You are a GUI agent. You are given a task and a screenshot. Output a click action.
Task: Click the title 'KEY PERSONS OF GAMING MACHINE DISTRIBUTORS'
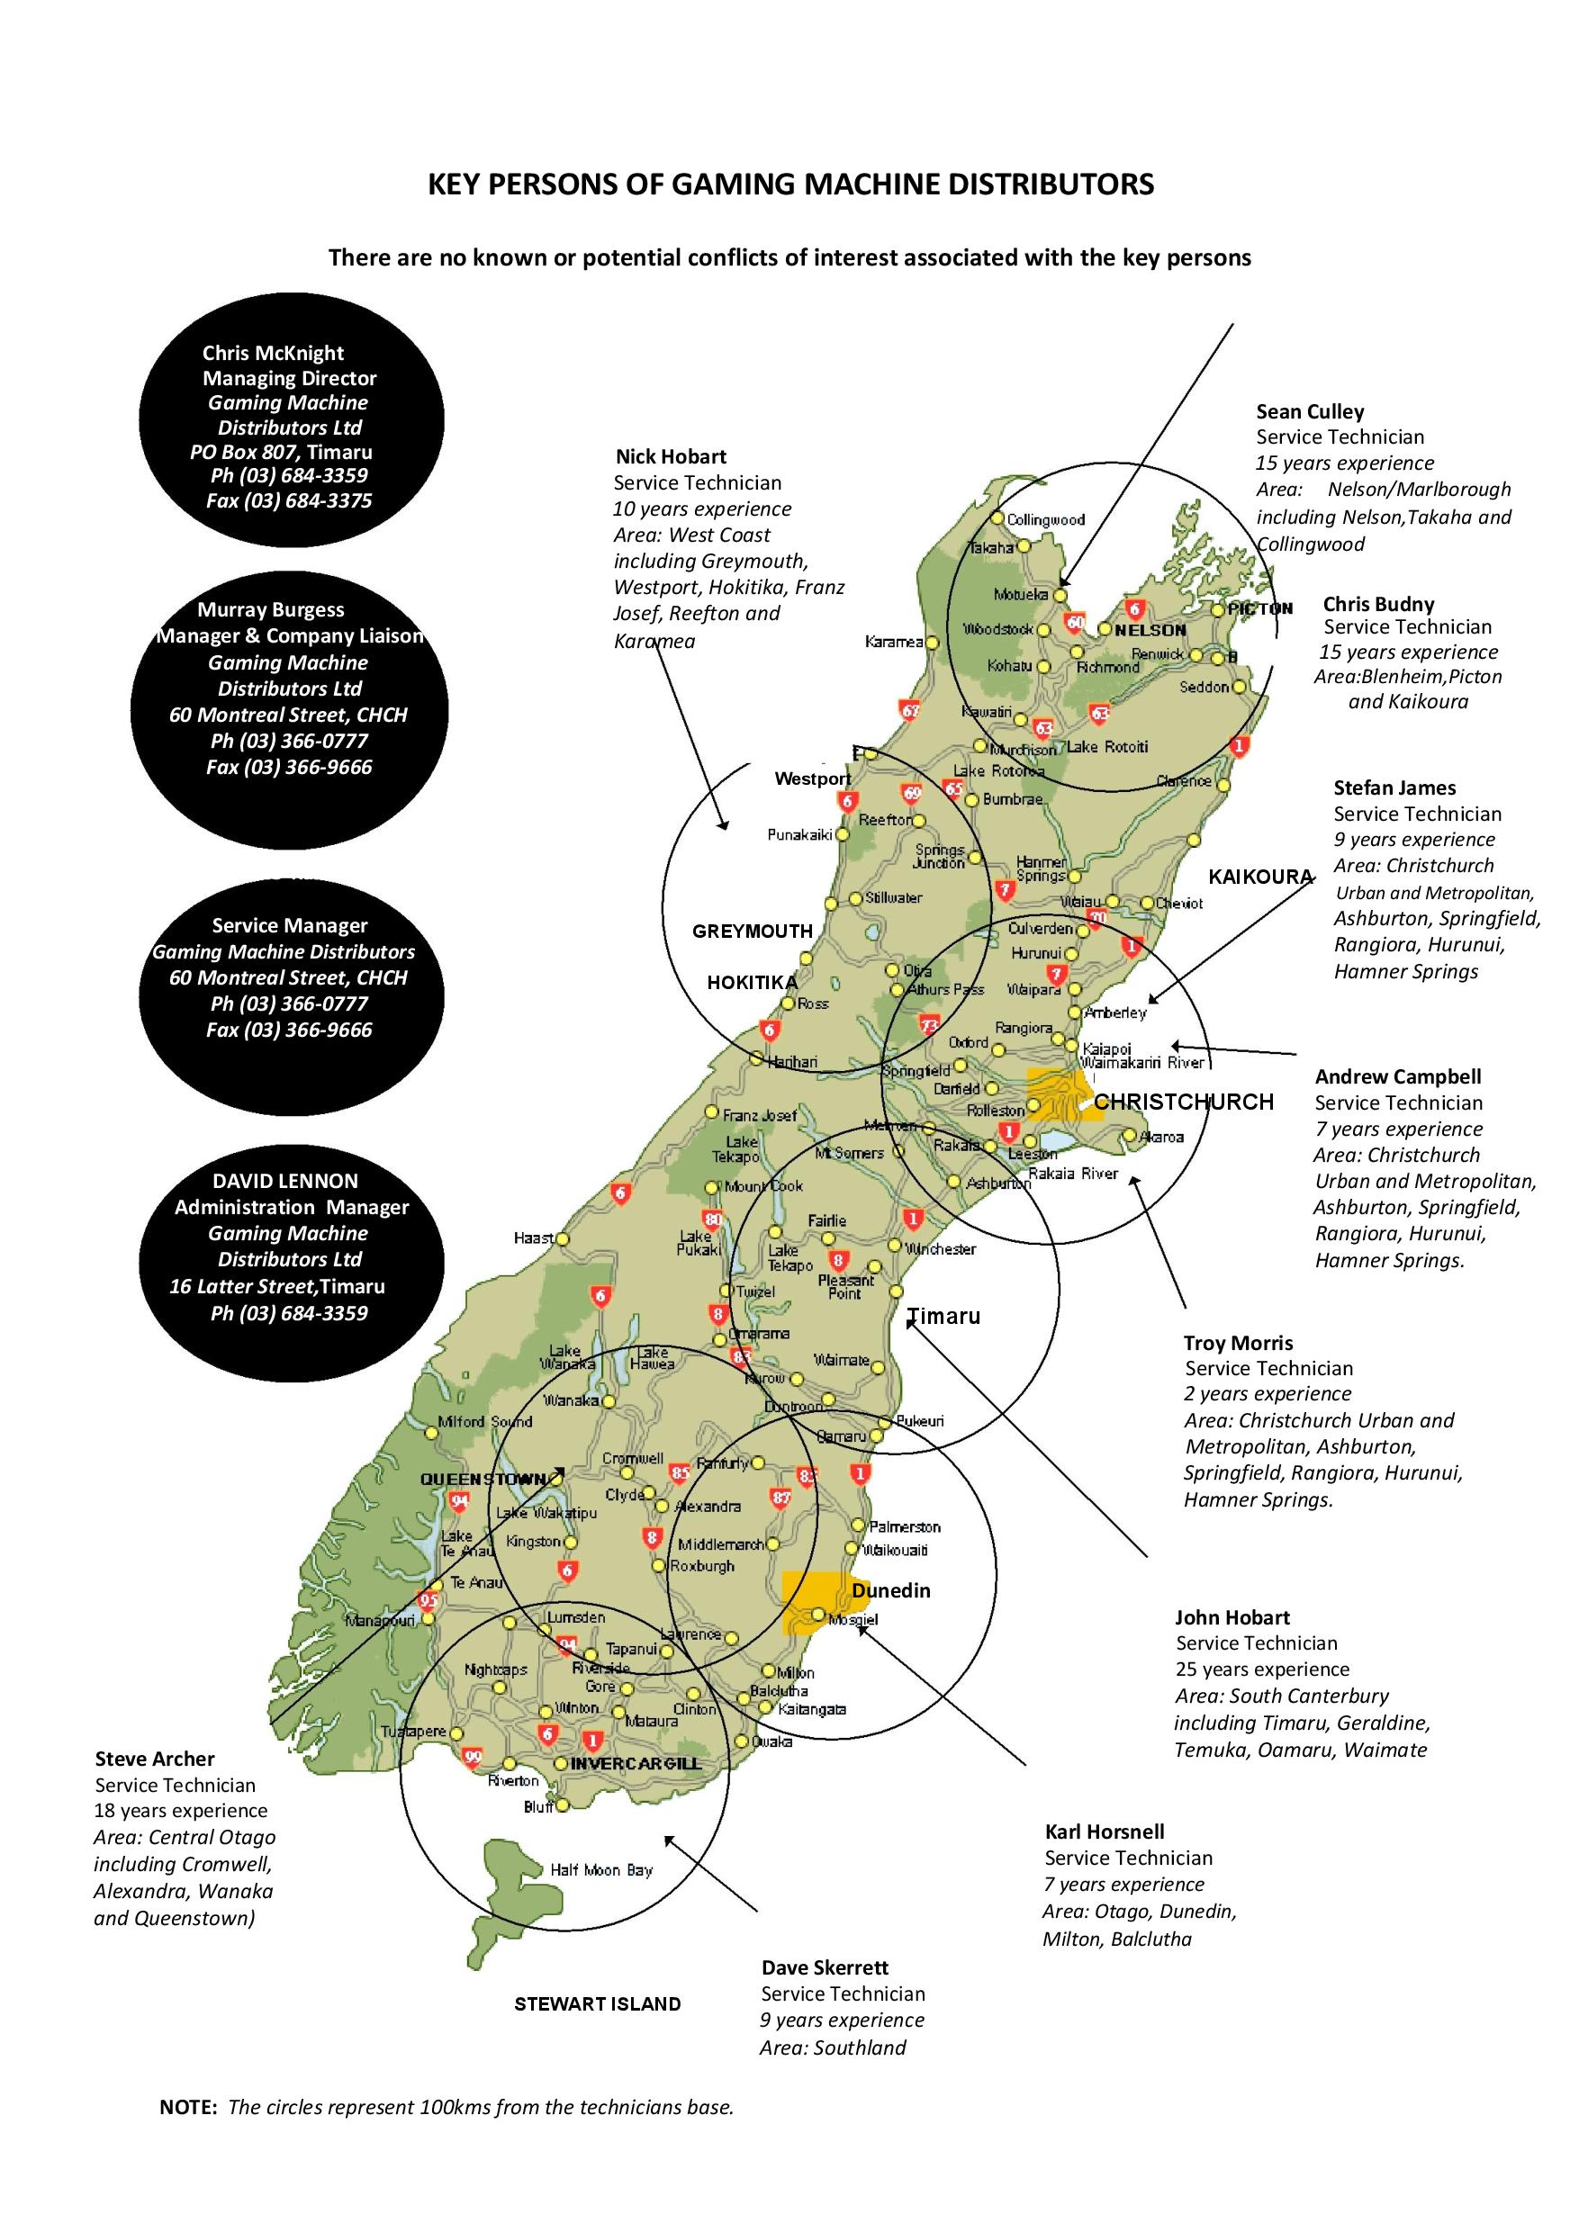pyautogui.click(x=790, y=184)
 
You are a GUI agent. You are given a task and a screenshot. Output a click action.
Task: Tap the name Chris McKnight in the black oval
pyautogui.click(x=273, y=353)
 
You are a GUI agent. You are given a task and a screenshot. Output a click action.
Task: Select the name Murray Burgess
pyautogui.click(x=270, y=609)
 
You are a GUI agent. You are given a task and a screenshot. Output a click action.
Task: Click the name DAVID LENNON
pyautogui.click(x=284, y=1180)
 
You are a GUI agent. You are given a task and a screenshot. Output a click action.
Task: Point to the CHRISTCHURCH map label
pyautogui.click(x=1183, y=1102)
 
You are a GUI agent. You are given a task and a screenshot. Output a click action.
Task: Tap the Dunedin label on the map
pyautogui.click(x=890, y=1590)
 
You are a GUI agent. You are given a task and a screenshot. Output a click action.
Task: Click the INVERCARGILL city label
pyautogui.click(x=635, y=1763)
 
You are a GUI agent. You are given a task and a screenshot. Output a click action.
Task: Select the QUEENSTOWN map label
pyautogui.click(x=476, y=1480)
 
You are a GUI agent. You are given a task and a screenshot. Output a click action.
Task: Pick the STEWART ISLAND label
pyautogui.click(x=597, y=2003)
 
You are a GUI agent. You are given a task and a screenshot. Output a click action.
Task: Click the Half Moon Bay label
pyautogui.click(x=600, y=1870)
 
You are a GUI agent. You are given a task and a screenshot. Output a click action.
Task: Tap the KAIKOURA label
pyautogui.click(x=1260, y=877)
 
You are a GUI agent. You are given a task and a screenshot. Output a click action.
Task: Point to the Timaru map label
pyautogui.click(x=943, y=1318)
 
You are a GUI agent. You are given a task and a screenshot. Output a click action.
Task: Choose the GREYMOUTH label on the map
pyautogui.click(x=752, y=931)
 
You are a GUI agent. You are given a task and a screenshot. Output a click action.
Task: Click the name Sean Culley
pyautogui.click(x=1310, y=411)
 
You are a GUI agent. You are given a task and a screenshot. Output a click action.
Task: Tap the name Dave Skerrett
pyautogui.click(x=825, y=1967)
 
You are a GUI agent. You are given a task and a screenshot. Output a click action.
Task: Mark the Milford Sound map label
pyautogui.click(x=484, y=1421)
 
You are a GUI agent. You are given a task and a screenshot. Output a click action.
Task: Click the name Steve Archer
pyautogui.click(x=155, y=1759)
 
